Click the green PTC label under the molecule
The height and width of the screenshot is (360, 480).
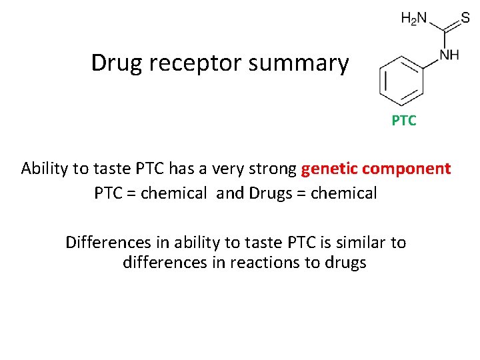(x=404, y=121)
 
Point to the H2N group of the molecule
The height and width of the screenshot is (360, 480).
(x=413, y=19)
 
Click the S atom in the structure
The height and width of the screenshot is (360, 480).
(x=465, y=19)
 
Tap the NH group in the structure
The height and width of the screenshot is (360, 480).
(x=449, y=54)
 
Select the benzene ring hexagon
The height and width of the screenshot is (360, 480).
(x=401, y=80)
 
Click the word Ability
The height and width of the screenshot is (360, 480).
(x=45, y=169)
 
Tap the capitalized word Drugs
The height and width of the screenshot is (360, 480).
(x=267, y=193)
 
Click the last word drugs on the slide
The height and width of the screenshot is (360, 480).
(x=345, y=263)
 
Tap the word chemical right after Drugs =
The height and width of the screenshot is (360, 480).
(x=339, y=193)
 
